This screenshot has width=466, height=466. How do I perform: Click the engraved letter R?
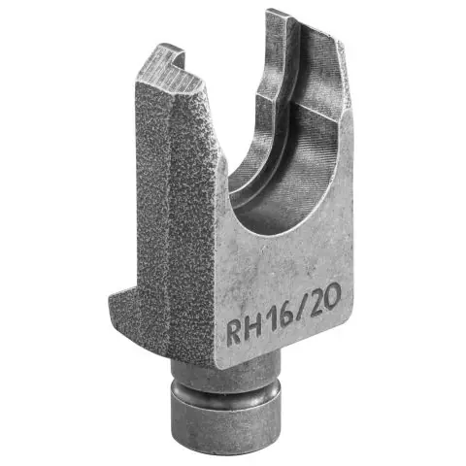pos(235,332)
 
